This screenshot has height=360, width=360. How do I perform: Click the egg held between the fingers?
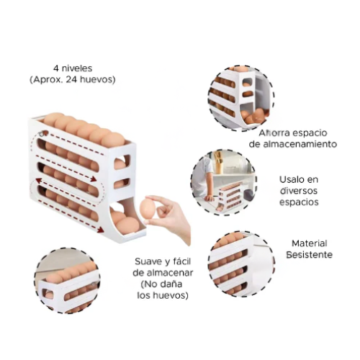click(x=148, y=207)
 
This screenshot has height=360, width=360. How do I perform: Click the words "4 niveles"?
click(x=73, y=68)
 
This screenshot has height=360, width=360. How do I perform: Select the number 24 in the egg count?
click(x=71, y=79)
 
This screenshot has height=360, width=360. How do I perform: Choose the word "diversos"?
click(x=299, y=191)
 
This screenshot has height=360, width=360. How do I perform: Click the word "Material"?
click(x=310, y=243)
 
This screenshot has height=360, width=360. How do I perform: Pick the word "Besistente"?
click(x=310, y=255)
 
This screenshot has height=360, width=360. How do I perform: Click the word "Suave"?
click(x=146, y=261)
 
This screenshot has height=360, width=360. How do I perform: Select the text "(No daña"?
click(x=161, y=284)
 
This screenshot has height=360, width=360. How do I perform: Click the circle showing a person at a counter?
click(x=224, y=182)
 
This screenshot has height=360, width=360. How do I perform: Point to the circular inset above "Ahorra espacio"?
click(x=241, y=99)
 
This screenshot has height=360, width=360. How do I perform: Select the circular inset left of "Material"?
click(x=241, y=264)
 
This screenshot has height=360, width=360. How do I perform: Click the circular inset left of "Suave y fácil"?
click(x=67, y=281)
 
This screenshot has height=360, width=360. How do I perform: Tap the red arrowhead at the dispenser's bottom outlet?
click(x=101, y=230)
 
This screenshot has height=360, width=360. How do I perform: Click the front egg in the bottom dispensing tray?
click(x=127, y=225)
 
